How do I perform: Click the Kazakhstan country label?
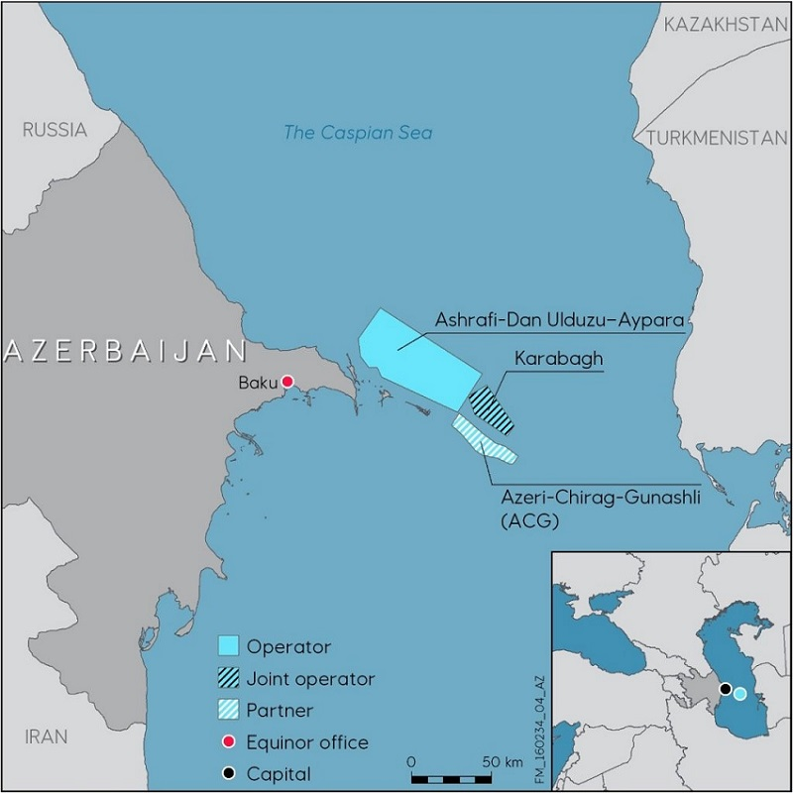727,25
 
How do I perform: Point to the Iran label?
47,736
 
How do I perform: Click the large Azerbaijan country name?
125,350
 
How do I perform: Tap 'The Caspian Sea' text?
358,132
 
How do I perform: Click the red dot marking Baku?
287,382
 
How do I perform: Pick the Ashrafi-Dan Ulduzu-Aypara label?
561,319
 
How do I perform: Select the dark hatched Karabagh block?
491,409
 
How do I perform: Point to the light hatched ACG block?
483,440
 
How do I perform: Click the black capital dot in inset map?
726,688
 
